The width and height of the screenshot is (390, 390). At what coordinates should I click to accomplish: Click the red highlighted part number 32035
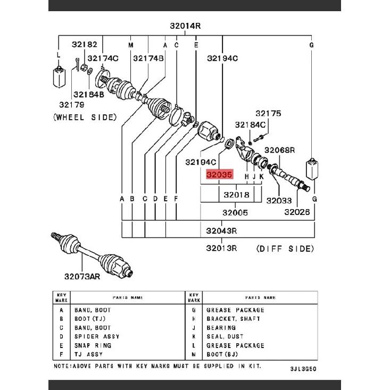[x=219, y=175]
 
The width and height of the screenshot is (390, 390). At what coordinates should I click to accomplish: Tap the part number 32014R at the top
[x=185, y=26]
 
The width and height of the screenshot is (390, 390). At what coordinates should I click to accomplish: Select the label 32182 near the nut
[x=85, y=45]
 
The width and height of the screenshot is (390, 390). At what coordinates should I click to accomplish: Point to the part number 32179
[x=72, y=105]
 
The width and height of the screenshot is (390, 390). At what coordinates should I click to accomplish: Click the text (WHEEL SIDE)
[x=85, y=118]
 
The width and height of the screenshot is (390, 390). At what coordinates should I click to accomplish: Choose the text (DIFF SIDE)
[x=285, y=248]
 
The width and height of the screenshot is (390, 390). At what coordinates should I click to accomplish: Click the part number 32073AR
[x=82, y=276]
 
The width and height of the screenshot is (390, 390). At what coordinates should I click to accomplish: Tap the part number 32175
[x=268, y=114]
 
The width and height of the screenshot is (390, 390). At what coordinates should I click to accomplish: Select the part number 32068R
[x=279, y=150]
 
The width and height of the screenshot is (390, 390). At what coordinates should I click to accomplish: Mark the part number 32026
[x=297, y=212]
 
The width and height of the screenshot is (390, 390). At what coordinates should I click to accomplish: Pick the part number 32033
[x=279, y=201]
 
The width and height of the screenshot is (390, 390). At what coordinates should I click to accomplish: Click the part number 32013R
[x=221, y=248]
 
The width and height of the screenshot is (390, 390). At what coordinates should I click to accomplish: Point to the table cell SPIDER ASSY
[x=97, y=336]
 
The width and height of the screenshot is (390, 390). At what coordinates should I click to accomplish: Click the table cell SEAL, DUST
[x=225, y=336]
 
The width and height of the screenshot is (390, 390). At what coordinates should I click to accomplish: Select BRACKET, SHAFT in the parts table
[x=233, y=319]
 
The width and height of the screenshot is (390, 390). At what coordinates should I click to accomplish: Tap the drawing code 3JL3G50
[x=303, y=369]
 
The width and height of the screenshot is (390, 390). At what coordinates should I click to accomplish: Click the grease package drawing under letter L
[x=59, y=77]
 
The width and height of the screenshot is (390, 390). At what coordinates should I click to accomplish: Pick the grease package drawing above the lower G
[x=312, y=168]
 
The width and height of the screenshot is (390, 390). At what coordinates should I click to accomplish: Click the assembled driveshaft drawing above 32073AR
[x=92, y=255]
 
